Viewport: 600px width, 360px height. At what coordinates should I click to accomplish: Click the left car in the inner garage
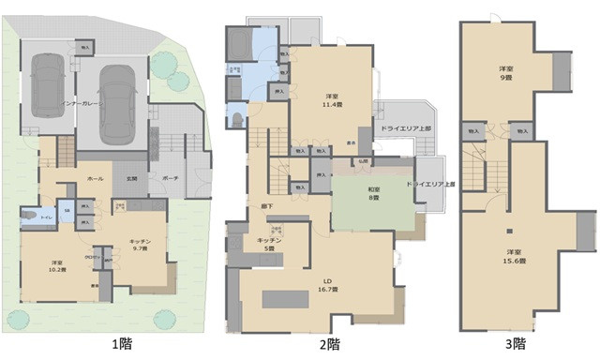(x=48, y=85)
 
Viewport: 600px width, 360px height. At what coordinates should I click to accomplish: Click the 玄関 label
(x=131, y=177)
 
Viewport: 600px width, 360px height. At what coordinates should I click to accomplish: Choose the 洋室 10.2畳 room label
(x=57, y=266)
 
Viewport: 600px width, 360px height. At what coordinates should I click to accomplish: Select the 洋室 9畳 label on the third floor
(x=505, y=74)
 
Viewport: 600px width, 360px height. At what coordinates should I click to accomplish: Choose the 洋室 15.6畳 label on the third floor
(x=512, y=258)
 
